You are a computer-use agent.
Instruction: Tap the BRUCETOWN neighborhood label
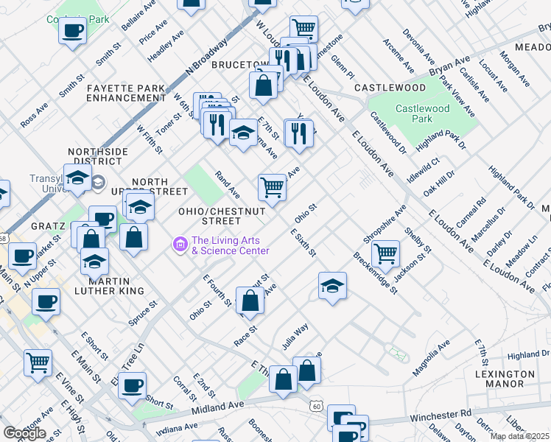pyautogui.click(x=238, y=65)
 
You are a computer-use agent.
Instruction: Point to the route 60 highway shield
pyautogui.click(x=316, y=405)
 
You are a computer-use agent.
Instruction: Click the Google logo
pyautogui.click(x=24, y=433)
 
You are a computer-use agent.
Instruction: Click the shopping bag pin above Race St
pyautogui.click(x=250, y=300)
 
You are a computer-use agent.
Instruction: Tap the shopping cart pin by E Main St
pyautogui.click(x=38, y=362)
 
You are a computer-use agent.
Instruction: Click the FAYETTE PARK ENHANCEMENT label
pyautogui.click(x=125, y=93)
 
